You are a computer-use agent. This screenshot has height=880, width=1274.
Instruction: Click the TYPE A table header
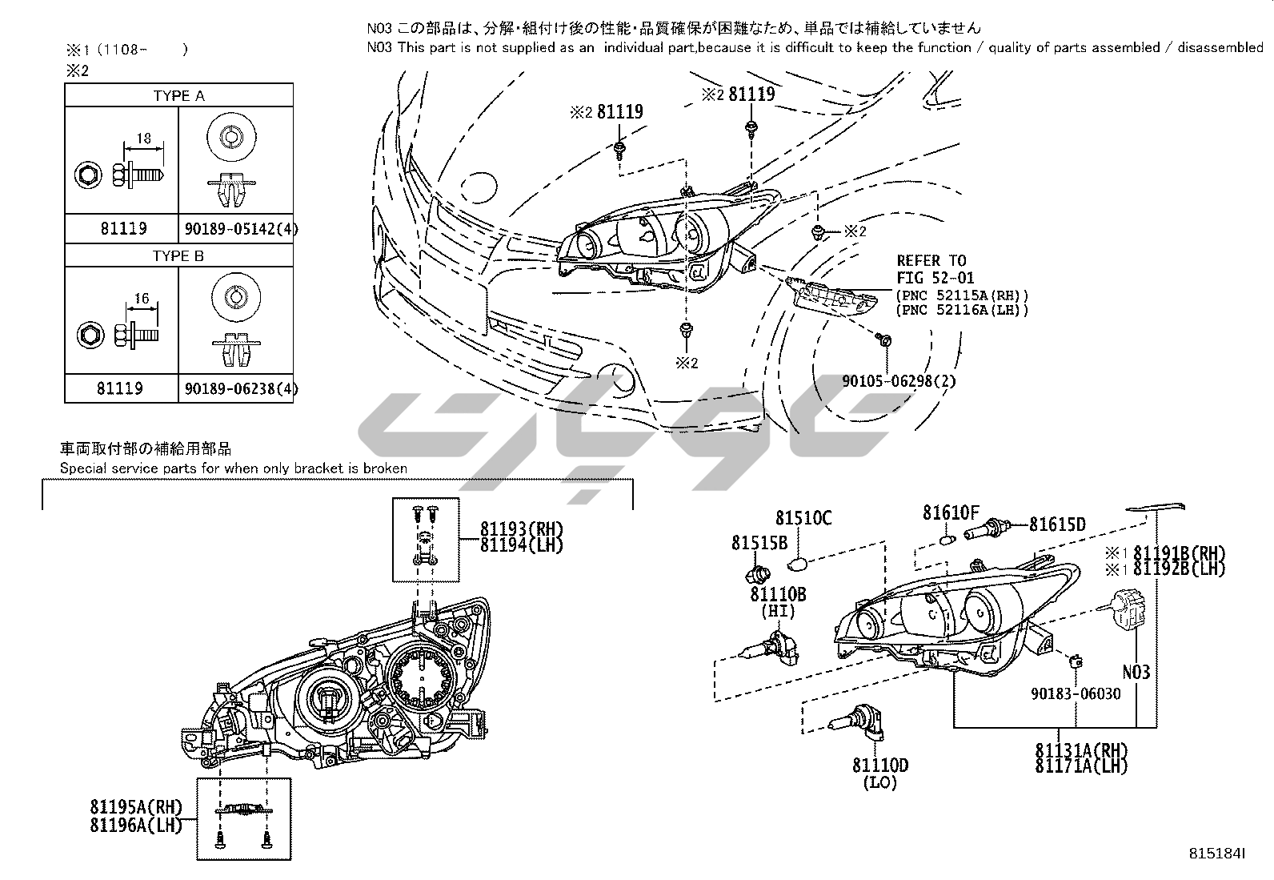pyautogui.click(x=178, y=95)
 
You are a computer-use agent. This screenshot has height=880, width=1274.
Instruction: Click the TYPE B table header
pyautogui.click(x=178, y=256)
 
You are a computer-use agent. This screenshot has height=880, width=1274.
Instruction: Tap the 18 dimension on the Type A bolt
pyautogui.click(x=143, y=138)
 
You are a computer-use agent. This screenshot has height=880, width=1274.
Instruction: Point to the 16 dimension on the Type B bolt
pyautogui.click(x=142, y=299)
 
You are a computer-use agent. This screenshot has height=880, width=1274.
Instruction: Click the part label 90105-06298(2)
pyautogui.click(x=899, y=381)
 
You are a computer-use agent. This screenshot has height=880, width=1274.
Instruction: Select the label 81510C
pyautogui.click(x=803, y=519)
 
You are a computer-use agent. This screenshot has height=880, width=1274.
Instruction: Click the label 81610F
pyautogui.click(x=951, y=512)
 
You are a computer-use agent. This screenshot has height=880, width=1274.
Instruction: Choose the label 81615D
pyautogui.click(x=1057, y=524)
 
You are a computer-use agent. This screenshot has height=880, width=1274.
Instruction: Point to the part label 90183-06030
pyautogui.click(x=1076, y=693)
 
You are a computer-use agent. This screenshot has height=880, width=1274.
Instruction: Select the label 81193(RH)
pyautogui.click(x=522, y=529)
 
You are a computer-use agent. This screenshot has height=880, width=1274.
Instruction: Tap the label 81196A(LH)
pyautogui.click(x=137, y=824)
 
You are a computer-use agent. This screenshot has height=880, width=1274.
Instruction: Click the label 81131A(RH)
pyautogui.click(x=1082, y=751)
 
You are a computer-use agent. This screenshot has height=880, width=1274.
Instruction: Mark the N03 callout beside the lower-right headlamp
pyautogui.click(x=1136, y=672)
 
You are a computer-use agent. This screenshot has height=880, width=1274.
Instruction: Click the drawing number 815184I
pyautogui.click(x=1217, y=854)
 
